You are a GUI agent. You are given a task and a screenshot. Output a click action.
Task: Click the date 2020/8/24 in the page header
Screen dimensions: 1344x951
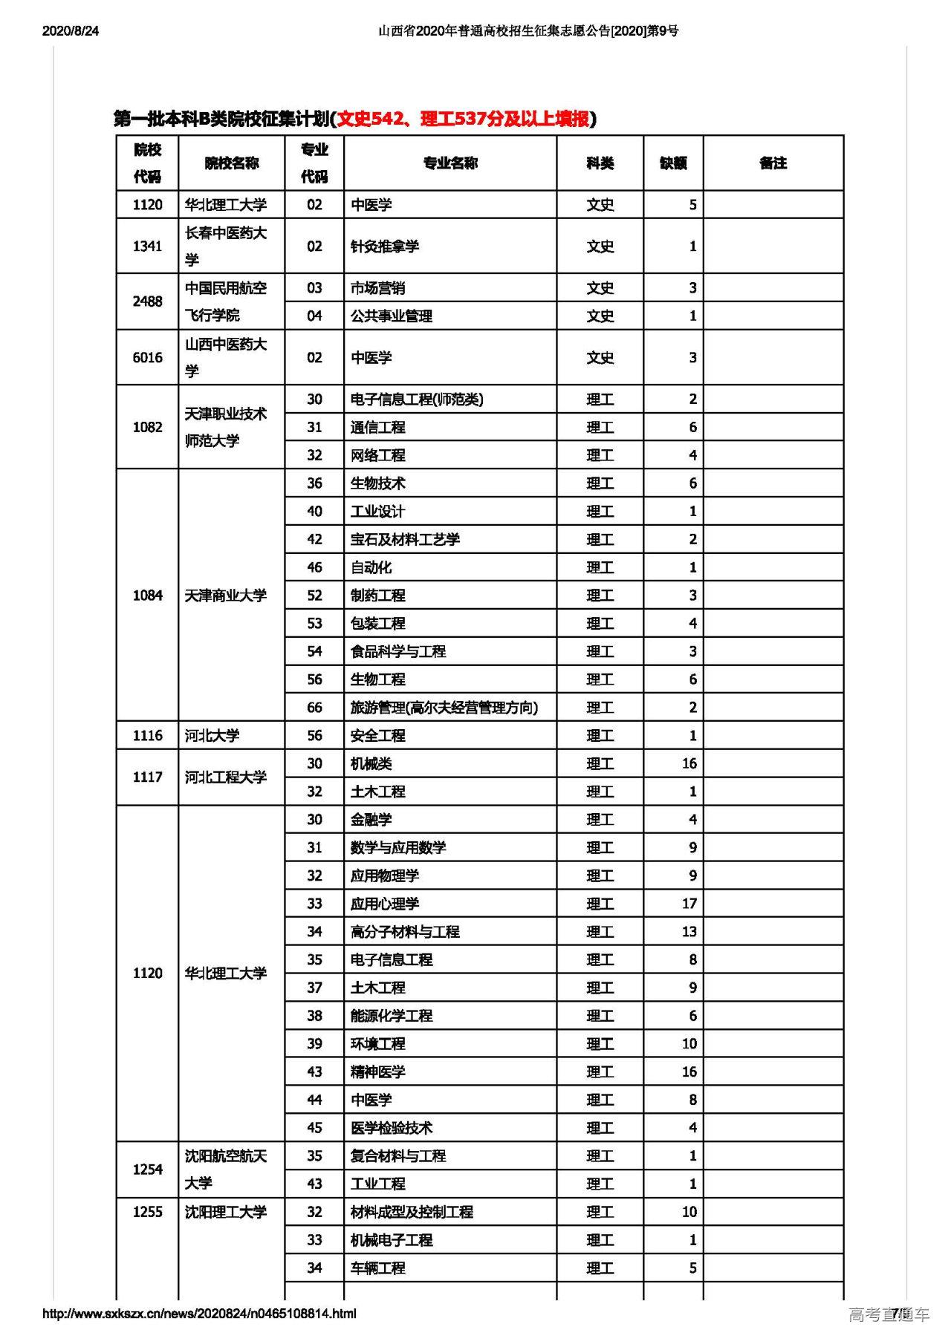coord(71,30)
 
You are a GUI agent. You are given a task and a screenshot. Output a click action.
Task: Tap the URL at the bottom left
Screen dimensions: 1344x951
coord(199,1313)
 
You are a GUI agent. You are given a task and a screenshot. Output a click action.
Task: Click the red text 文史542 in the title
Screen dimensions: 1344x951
coord(370,119)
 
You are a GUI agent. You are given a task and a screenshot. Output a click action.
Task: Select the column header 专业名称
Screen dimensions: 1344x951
coord(450,163)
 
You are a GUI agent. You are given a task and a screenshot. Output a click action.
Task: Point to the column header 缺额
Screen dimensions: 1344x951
coord(673,163)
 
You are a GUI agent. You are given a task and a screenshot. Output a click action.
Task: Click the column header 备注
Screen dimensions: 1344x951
coord(773,163)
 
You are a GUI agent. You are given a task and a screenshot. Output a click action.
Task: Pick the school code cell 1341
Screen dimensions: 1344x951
coord(147,247)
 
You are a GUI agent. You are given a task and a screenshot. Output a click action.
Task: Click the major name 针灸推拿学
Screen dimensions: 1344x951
coord(385,247)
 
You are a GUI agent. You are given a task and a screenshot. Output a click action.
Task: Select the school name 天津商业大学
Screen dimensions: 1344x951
coord(225,596)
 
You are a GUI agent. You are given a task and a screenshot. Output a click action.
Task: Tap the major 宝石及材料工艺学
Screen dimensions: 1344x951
coord(405,540)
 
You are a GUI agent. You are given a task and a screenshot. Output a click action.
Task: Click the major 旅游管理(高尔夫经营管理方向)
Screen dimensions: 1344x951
coord(444,708)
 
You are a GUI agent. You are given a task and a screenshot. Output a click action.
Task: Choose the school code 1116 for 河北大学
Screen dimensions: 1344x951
coord(147,736)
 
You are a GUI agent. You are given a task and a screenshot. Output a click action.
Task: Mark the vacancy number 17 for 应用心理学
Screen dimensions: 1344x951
coord(689,904)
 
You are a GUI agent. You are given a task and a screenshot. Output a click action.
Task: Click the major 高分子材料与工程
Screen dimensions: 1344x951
coord(405,932)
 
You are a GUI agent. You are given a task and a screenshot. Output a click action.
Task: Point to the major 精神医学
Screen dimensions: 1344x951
coord(377,1072)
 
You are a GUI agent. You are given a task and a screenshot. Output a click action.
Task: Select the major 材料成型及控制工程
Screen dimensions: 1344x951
coord(412,1212)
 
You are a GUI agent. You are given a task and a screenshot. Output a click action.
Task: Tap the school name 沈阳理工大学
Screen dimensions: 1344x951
coord(225,1212)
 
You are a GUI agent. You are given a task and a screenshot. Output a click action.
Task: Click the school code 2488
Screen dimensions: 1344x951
coord(147,301)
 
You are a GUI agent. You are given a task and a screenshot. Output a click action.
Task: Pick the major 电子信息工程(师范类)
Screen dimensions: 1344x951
coord(417,399)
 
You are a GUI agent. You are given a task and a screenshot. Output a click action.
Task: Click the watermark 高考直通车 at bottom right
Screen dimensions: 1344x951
coord(889,1314)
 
